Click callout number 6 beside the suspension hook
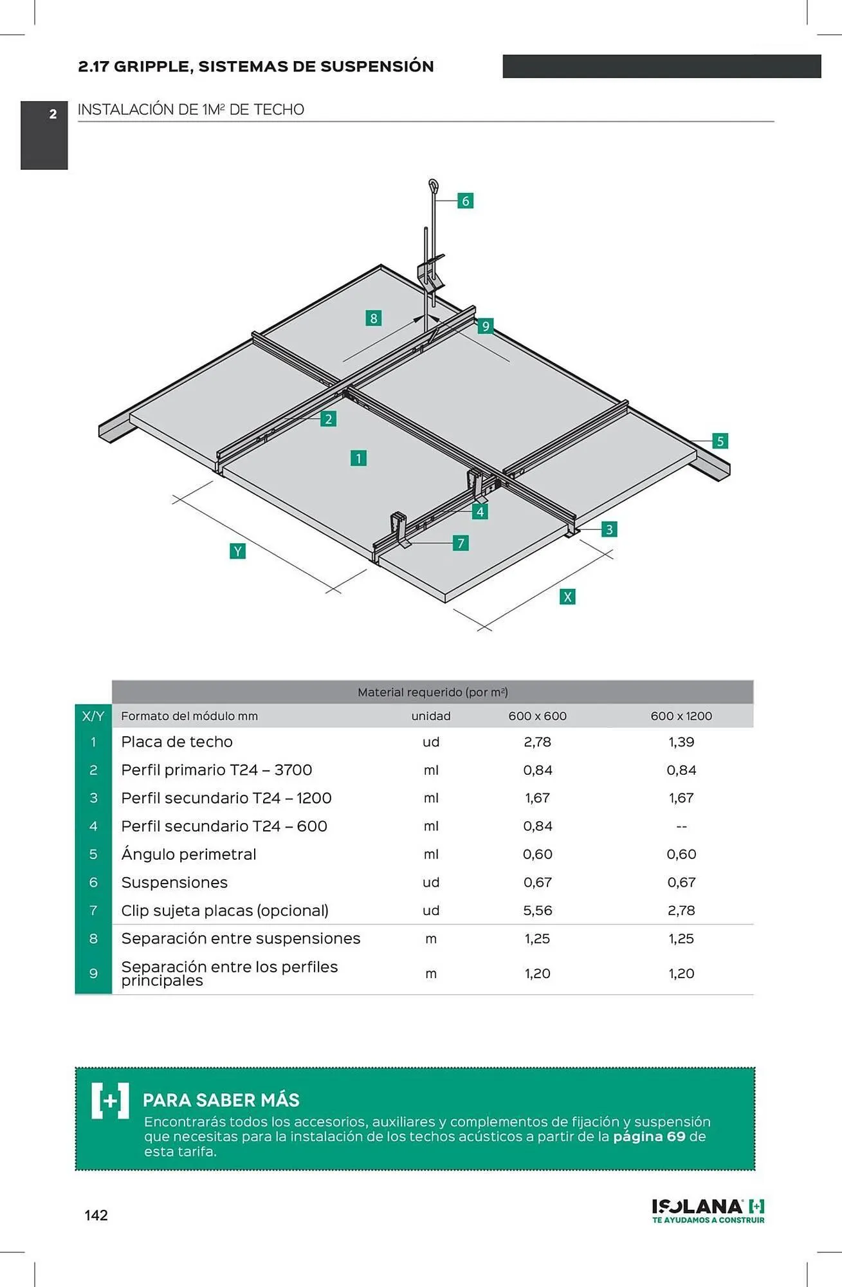465,201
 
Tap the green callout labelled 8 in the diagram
373,318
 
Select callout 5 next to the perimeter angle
720,441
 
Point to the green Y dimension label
237,551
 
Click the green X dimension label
567,597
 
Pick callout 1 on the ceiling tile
358,458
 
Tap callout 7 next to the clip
460,543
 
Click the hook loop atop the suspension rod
434,187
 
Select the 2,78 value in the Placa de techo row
537,742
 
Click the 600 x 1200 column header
681,716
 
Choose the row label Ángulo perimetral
188,855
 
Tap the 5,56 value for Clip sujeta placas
537,911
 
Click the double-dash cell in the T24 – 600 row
681,827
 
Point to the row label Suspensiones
174,883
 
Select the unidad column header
431,716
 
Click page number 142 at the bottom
96,1215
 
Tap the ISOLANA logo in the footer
708,1210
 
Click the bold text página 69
649,1136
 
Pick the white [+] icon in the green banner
110,1100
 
